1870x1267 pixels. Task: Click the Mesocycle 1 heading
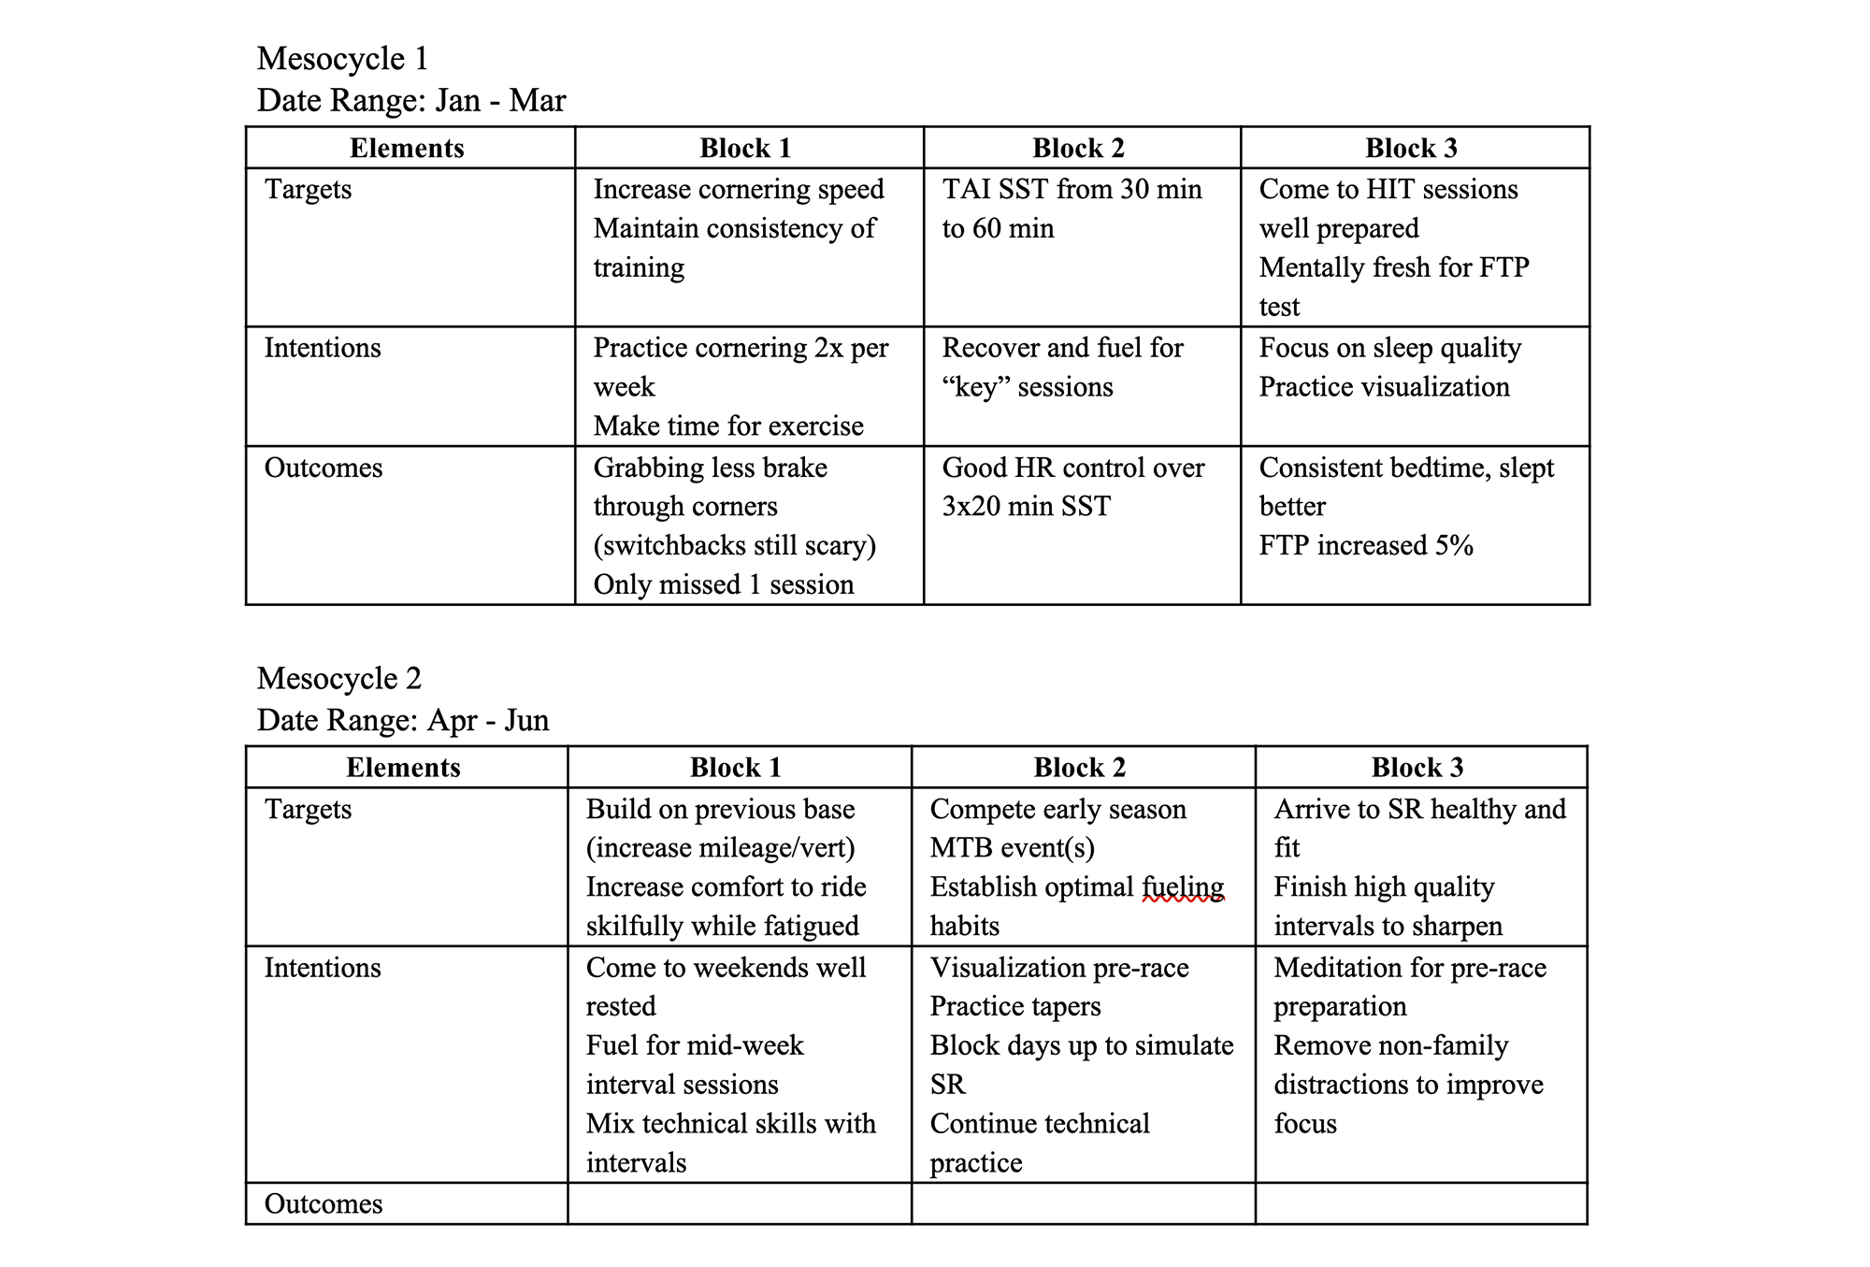click(342, 59)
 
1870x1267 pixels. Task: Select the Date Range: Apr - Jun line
click(402, 720)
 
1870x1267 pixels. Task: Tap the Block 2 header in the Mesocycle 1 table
click(1078, 148)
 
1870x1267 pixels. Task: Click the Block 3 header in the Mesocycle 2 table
click(1417, 768)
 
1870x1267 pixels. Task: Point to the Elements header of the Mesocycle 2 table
click(403, 768)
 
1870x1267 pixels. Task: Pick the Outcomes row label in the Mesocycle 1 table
click(324, 468)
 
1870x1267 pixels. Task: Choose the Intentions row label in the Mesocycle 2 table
click(323, 967)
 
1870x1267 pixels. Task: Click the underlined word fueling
click(1183, 886)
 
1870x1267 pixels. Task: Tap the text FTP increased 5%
click(1365, 545)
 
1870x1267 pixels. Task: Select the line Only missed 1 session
click(723, 584)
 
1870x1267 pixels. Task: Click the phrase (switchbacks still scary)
click(734, 545)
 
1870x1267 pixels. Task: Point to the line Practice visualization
click(1384, 387)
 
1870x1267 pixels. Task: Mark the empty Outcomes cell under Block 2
click(1082, 1203)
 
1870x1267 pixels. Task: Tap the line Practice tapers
click(1014, 1006)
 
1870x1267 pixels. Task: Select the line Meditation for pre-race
click(1409, 967)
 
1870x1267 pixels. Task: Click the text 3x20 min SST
click(1026, 506)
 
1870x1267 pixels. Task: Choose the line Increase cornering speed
click(738, 189)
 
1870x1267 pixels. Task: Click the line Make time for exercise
click(727, 426)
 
